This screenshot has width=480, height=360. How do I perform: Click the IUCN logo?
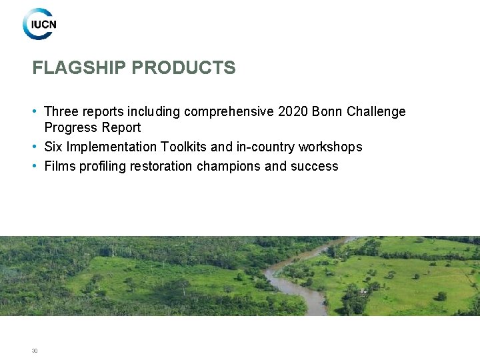click(x=40, y=25)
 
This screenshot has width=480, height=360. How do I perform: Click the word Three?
click(x=61, y=112)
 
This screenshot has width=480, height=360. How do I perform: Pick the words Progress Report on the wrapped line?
click(x=93, y=127)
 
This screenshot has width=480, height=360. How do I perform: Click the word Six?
click(x=53, y=147)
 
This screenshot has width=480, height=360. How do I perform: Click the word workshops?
click(x=330, y=147)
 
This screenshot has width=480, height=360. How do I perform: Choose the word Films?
click(x=60, y=166)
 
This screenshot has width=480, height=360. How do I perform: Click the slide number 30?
click(x=35, y=351)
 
